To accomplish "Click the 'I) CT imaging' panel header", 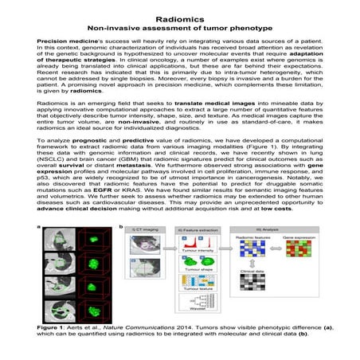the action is click(x=147, y=254).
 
